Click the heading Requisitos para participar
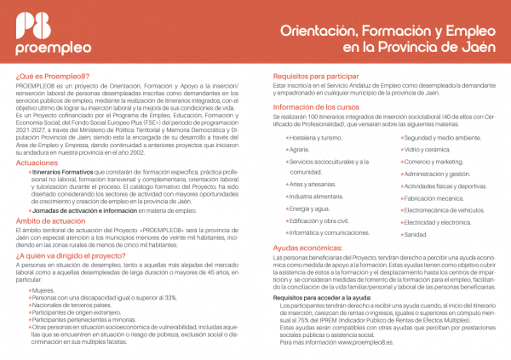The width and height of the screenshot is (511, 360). (315, 76)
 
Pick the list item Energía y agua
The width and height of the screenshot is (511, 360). (308, 208)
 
